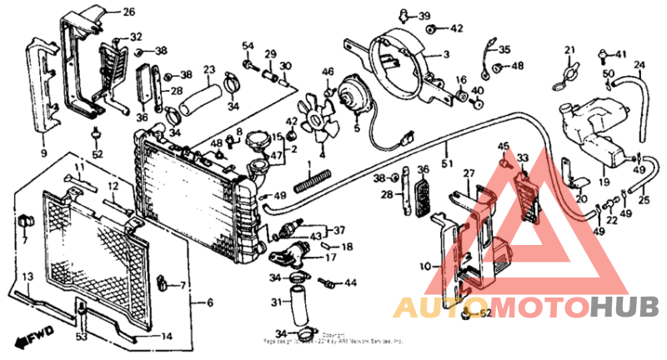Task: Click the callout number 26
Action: pos(128,12)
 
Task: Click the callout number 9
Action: pos(43,154)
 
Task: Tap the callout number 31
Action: pos(276,301)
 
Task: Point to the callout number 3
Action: pos(446,55)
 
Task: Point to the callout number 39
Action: pos(424,16)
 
